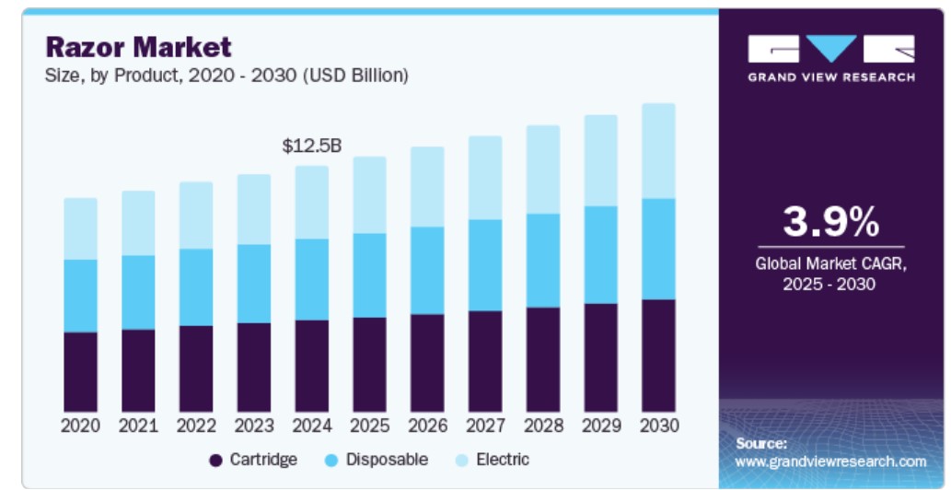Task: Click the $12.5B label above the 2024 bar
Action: coord(311,146)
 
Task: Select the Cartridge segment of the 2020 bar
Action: coord(80,371)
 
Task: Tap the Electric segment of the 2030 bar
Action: coord(658,151)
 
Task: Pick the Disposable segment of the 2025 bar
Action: coord(369,275)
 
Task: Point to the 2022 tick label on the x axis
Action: coord(196,426)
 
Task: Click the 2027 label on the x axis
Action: coord(484,426)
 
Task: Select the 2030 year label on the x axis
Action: coord(658,426)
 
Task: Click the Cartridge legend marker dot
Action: coord(216,460)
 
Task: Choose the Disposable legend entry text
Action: coord(387,459)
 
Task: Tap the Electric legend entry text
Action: coord(503,459)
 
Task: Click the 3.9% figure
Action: coord(830,223)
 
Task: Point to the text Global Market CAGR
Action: coord(830,263)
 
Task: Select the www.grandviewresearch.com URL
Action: coord(830,461)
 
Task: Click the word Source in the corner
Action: coord(761,443)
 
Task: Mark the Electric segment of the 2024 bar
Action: coord(311,203)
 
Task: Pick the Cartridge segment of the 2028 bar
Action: coord(542,359)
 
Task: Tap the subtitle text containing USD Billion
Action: coord(226,76)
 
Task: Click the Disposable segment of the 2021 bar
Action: coord(138,292)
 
